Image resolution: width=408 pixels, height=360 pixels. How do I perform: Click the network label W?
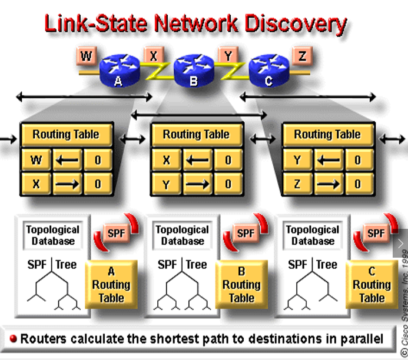[x=87, y=56]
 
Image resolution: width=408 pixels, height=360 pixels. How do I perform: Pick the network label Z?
[x=303, y=56]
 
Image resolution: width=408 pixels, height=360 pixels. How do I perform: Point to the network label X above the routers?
[x=153, y=56]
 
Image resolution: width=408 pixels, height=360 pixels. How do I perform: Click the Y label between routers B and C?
[x=228, y=56]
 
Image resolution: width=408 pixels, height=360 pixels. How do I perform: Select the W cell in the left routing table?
[x=36, y=160]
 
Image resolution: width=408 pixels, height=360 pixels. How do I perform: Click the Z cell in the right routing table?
[x=297, y=184]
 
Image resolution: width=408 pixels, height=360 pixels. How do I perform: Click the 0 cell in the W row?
[x=97, y=160]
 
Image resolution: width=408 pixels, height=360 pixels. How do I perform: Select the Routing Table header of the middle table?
[x=196, y=135]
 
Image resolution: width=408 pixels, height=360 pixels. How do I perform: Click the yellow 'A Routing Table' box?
[x=111, y=284]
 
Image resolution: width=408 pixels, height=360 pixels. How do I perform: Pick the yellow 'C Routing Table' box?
[x=371, y=284]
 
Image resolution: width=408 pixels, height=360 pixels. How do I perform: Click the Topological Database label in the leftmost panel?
[x=52, y=235]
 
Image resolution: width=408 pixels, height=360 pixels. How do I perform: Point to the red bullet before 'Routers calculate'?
[x=13, y=338]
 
